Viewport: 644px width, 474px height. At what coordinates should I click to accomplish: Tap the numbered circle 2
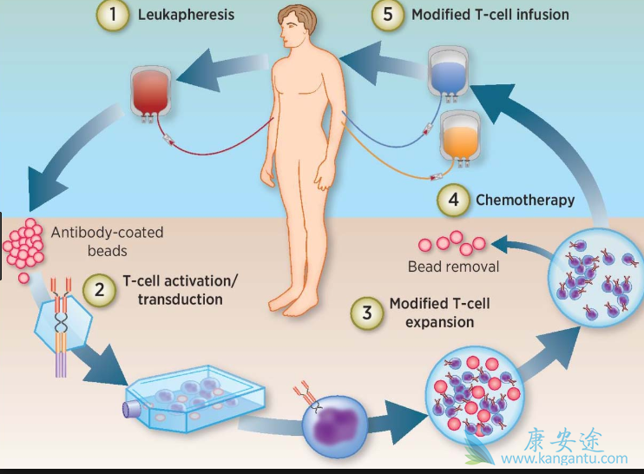[100, 292]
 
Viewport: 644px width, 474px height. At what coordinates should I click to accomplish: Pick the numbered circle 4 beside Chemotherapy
[453, 201]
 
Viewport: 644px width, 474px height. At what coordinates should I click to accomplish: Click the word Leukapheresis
[186, 16]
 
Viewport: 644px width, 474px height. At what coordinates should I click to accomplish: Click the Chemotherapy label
[525, 201]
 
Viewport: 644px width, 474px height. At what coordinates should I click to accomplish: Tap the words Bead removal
[453, 267]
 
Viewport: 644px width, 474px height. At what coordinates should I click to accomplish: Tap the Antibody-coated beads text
[107, 241]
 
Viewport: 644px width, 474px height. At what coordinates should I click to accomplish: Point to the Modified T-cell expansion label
[433, 313]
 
